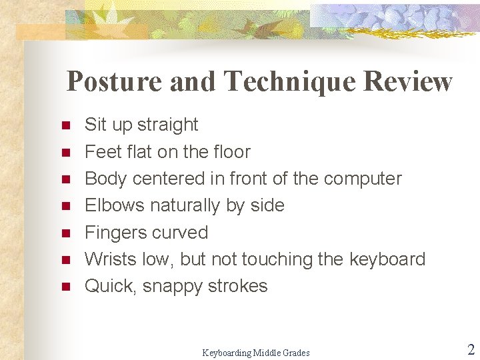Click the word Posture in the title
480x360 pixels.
pyautogui.click(x=114, y=81)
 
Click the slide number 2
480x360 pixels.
pyautogui.click(x=471, y=350)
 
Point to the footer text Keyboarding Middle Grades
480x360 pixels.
pyautogui.click(x=256, y=353)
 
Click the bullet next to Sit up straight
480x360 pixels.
pyautogui.click(x=65, y=125)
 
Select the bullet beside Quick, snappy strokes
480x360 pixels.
pyautogui.click(x=65, y=287)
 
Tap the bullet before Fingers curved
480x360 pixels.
pyautogui.click(x=65, y=233)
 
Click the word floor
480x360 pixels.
pyautogui.click(x=231, y=152)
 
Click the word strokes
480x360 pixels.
pyautogui.click(x=238, y=286)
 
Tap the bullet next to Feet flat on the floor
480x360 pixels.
pyautogui.click(x=65, y=152)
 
